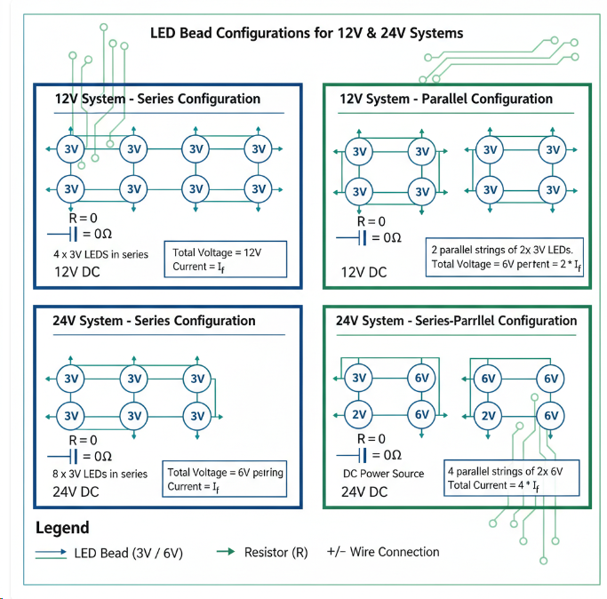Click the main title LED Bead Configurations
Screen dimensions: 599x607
tap(307, 34)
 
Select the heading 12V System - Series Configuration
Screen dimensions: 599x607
tap(157, 99)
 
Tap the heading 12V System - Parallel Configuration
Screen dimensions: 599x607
tap(446, 99)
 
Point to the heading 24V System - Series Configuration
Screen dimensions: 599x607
tap(155, 321)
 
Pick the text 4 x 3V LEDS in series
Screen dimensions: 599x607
tap(100, 254)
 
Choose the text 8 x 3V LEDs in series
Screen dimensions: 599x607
tap(100, 475)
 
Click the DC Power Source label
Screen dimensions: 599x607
tap(383, 474)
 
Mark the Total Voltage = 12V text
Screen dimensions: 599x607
tap(217, 252)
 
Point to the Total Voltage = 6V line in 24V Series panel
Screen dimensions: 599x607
tap(226, 473)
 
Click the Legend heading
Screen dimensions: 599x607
tap(62, 528)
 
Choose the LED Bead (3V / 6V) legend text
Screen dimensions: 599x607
tap(129, 553)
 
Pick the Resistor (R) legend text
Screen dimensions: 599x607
tap(276, 552)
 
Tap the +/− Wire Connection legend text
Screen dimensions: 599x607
tap(383, 552)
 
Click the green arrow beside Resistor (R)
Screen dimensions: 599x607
tap(226, 552)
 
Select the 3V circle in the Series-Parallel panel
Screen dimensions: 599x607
tap(359, 379)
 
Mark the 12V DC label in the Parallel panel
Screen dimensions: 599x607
tap(364, 272)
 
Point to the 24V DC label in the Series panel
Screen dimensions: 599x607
tap(76, 491)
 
